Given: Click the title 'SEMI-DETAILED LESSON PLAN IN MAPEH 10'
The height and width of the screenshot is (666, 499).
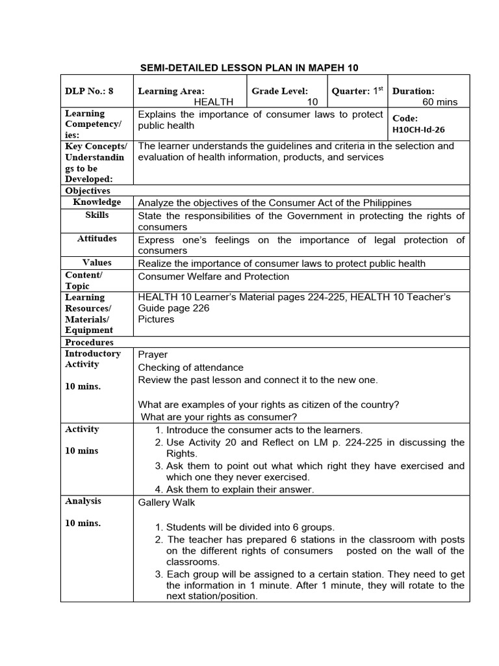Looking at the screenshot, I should tap(249, 68).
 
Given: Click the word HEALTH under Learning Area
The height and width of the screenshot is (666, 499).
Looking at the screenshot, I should tap(214, 102).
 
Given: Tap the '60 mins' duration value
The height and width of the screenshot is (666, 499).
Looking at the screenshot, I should tap(440, 102).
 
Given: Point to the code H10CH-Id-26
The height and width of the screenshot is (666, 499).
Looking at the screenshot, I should tap(420, 129).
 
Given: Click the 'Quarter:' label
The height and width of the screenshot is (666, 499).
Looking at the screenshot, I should tap(351, 92).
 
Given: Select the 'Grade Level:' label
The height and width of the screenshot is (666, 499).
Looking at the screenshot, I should tap(280, 92).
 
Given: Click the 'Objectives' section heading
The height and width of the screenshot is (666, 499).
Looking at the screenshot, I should tap(88, 191).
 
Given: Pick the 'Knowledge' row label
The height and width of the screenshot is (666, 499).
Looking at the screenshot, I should tap(97, 202).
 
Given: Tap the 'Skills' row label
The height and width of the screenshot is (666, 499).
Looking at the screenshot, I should tap(97, 215).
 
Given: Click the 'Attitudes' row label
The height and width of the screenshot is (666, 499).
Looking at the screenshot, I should tap(97, 239).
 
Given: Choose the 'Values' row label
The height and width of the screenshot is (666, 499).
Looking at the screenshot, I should tap(97, 263).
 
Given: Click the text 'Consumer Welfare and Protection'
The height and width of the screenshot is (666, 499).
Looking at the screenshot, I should tap(214, 276).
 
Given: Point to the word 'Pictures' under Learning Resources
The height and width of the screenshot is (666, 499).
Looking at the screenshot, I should tap(156, 319).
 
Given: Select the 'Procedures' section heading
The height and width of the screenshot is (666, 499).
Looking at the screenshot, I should tap(89, 342).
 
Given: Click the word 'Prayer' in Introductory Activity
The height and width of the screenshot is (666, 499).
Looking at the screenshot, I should tap(153, 354).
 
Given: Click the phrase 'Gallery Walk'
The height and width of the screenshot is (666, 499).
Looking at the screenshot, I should tap(166, 503).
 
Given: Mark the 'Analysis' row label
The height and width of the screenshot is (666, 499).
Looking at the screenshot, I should tap(83, 501).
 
